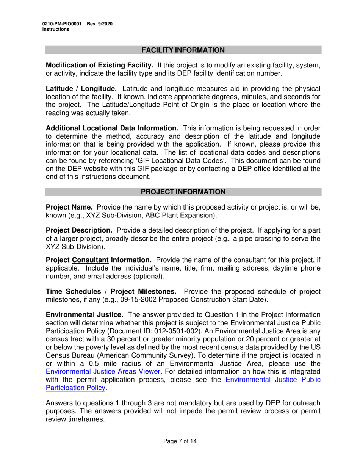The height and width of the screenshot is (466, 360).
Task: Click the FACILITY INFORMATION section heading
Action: tap(183, 50)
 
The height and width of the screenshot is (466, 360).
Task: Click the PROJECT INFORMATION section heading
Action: tap(183, 192)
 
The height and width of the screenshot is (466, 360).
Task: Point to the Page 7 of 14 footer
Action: tap(180, 441)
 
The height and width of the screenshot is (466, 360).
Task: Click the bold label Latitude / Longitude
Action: tap(81, 89)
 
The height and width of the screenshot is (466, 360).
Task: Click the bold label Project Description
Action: tap(79, 230)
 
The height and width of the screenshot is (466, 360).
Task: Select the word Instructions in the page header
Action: tap(56, 29)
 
